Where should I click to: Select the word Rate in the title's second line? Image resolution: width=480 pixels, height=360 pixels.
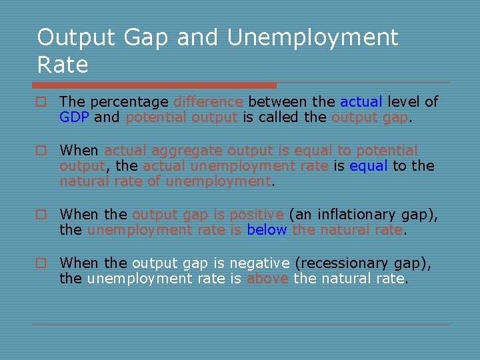tap(63, 65)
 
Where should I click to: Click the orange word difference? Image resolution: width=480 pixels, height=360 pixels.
tap(208, 102)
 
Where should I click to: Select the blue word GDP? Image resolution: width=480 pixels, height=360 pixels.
tap(75, 117)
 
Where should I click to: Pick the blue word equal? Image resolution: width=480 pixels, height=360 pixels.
tap(367, 166)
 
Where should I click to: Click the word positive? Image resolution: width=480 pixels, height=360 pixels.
tap(257, 215)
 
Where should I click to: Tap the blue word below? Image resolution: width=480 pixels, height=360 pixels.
tap(267, 230)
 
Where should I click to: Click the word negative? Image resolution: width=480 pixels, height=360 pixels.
tap(257, 263)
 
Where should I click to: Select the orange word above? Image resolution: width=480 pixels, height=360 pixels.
tap(267, 279)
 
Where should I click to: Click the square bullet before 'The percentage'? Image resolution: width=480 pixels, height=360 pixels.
tap(41, 102)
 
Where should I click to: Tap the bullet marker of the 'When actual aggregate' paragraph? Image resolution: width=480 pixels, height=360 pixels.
tap(41, 151)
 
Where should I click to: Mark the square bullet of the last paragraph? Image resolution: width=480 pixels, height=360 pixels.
tap(41, 263)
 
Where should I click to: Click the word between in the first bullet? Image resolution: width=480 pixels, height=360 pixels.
tap(278, 102)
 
